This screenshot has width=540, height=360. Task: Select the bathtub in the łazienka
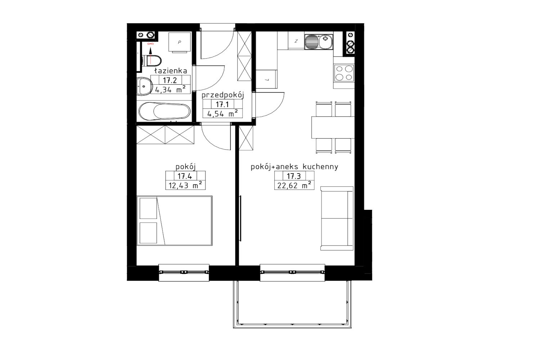point(165,111)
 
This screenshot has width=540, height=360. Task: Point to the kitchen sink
point(319,42)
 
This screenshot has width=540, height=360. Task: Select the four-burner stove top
point(344,73)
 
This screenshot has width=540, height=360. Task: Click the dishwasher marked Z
point(296,41)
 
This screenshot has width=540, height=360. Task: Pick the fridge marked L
point(266,79)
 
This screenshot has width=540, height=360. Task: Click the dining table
point(333,127)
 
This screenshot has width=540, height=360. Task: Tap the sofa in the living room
point(337,218)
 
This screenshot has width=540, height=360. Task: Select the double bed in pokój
point(175,221)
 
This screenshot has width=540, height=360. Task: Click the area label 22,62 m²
point(294,185)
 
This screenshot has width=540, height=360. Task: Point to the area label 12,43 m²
point(185,185)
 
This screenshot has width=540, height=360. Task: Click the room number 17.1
point(222,104)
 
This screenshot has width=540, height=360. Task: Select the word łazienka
point(171,71)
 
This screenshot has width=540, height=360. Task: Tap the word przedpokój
point(223,95)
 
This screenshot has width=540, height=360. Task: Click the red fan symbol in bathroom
point(151,44)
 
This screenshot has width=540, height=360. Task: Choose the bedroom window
point(184,273)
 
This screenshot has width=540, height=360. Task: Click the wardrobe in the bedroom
point(165,135)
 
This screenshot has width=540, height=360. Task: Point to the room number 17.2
point(170,80)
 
